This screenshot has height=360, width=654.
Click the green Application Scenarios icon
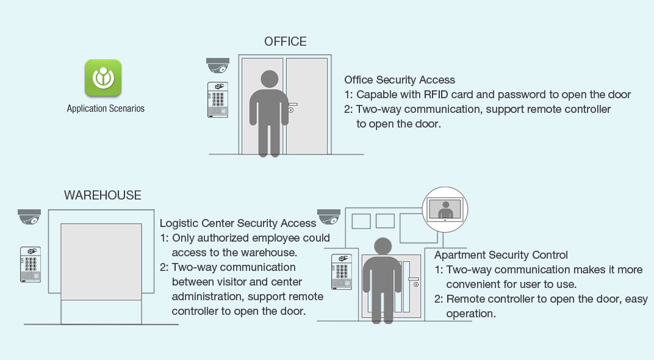click(x=103, y=77)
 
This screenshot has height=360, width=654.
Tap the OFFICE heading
click(x=286, y=41)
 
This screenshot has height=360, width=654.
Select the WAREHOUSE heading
click(x=102, y=195)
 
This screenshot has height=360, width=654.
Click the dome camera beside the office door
click(x=218, y=65)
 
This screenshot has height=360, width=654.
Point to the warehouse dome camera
click(x=29, y=217)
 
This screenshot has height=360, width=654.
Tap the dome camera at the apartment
click(x=329, y=217)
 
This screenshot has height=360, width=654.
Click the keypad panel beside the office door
click(x=218, y=99)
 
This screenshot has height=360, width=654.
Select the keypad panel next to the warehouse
click(x=31, y=264)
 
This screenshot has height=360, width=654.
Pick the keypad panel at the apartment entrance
click(x=342, y=272)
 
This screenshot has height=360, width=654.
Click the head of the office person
click(x=270, y=79)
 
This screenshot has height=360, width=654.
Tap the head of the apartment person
click(x=383, y=246)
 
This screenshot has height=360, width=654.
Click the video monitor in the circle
click(x=445, y=209)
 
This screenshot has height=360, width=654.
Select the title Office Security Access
click(x=400, y=80)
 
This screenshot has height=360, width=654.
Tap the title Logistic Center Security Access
click(x=238, y=223)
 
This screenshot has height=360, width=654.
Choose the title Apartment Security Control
click(x=501, y=255)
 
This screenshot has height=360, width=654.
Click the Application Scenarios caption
click(x=106, y=109)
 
